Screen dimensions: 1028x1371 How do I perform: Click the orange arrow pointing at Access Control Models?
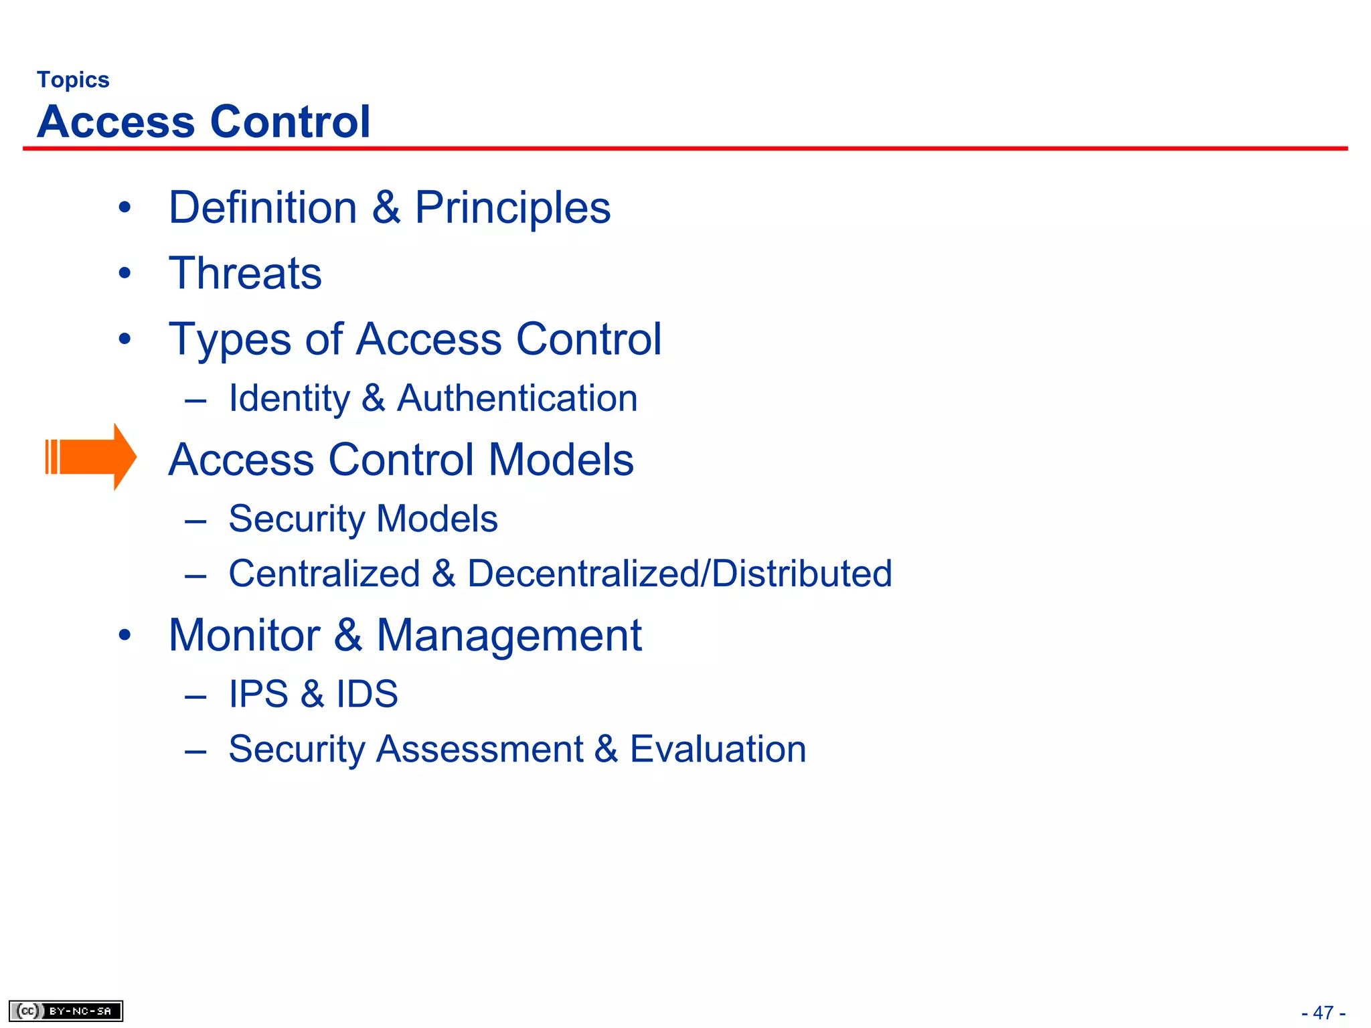[91, 457]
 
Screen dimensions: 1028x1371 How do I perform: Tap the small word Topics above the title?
[73, 80]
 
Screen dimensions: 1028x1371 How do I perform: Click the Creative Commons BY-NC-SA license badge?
[66, 1011]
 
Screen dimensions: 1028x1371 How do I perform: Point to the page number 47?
[1323, 1013]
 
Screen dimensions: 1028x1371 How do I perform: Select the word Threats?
[245, 273]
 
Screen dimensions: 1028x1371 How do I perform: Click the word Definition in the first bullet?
[263, 207]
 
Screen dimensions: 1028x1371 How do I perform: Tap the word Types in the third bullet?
[230, 340]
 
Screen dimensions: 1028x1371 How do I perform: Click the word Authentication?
[517, 398]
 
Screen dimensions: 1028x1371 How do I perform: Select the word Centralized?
[324, 574]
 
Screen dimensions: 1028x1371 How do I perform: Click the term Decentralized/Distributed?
[679, 574]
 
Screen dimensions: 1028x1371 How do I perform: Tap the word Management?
[509, 636]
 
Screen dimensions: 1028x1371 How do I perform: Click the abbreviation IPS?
[258, 694]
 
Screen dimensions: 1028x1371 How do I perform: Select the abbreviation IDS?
[367, 694]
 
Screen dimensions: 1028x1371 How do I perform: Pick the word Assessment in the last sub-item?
[479, 749]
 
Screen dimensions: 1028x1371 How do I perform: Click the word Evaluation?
[718, 749]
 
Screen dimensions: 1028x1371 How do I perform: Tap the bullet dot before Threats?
[125, 273]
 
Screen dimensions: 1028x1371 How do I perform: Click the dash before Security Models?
[195, 521]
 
